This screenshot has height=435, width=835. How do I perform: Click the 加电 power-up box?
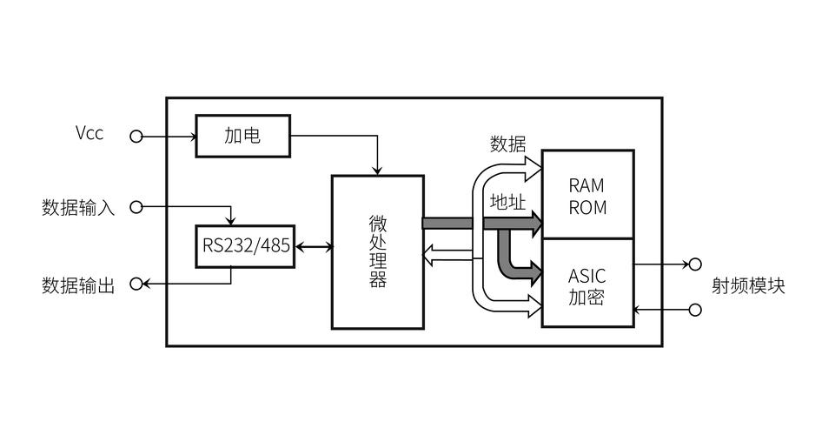(x=242, y=136)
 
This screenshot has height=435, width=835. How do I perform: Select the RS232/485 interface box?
(x=246, y=246)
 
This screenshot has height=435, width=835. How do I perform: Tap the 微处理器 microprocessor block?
(x=377, y=251)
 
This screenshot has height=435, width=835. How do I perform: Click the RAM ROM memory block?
(x=587, y=196)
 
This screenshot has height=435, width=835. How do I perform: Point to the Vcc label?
(x=89, y=133)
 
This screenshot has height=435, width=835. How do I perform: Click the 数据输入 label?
(x=78, y=208)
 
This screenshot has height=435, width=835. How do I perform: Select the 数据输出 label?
(x=78, y=285)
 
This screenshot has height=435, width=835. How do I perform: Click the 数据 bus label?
(x=507, y=144)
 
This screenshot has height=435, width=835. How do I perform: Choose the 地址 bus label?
(x=507, y=202)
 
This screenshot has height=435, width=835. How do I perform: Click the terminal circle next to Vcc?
(x=136, y=136)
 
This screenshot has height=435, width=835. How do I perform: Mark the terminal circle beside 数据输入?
(x=136, y=207)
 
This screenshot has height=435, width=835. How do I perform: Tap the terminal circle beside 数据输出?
(x=136, y=284)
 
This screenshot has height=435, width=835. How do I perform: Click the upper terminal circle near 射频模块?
(x=694, y=264)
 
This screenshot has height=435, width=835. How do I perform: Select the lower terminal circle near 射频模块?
(x=694, y=310)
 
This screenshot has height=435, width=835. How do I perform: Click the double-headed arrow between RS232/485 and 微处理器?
(x=314, y=247)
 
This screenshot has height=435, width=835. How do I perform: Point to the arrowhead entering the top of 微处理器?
(x=377, y=169)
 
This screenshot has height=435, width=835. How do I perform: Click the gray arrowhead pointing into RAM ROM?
(x=533, y=224)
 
